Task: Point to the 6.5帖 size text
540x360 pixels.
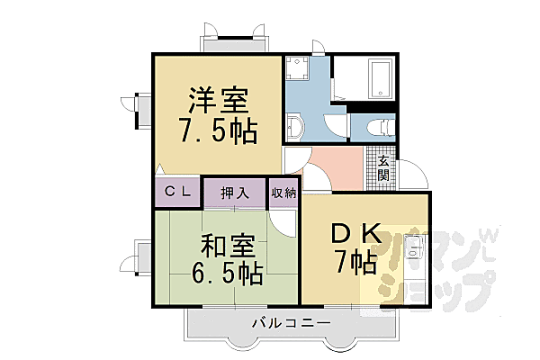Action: tap(225, 272)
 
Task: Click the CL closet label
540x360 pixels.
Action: tap(176, 192)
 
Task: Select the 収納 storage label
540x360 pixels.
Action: tap(283, 192)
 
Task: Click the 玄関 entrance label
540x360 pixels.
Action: tap(382, 167)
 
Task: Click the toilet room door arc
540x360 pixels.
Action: tap(336, 127)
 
